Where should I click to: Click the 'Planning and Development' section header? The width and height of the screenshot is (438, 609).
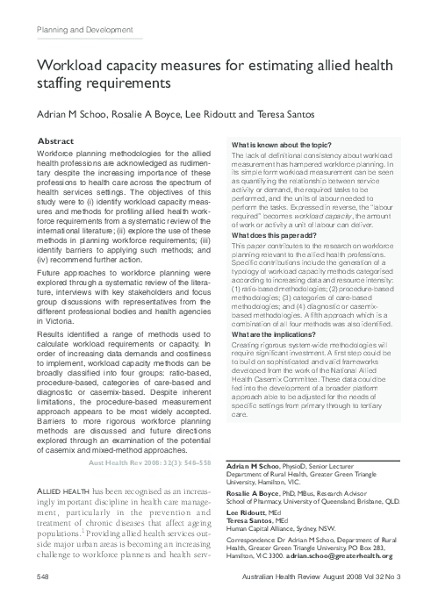point(80,31)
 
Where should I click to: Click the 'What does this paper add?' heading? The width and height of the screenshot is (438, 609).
point(273,236)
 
